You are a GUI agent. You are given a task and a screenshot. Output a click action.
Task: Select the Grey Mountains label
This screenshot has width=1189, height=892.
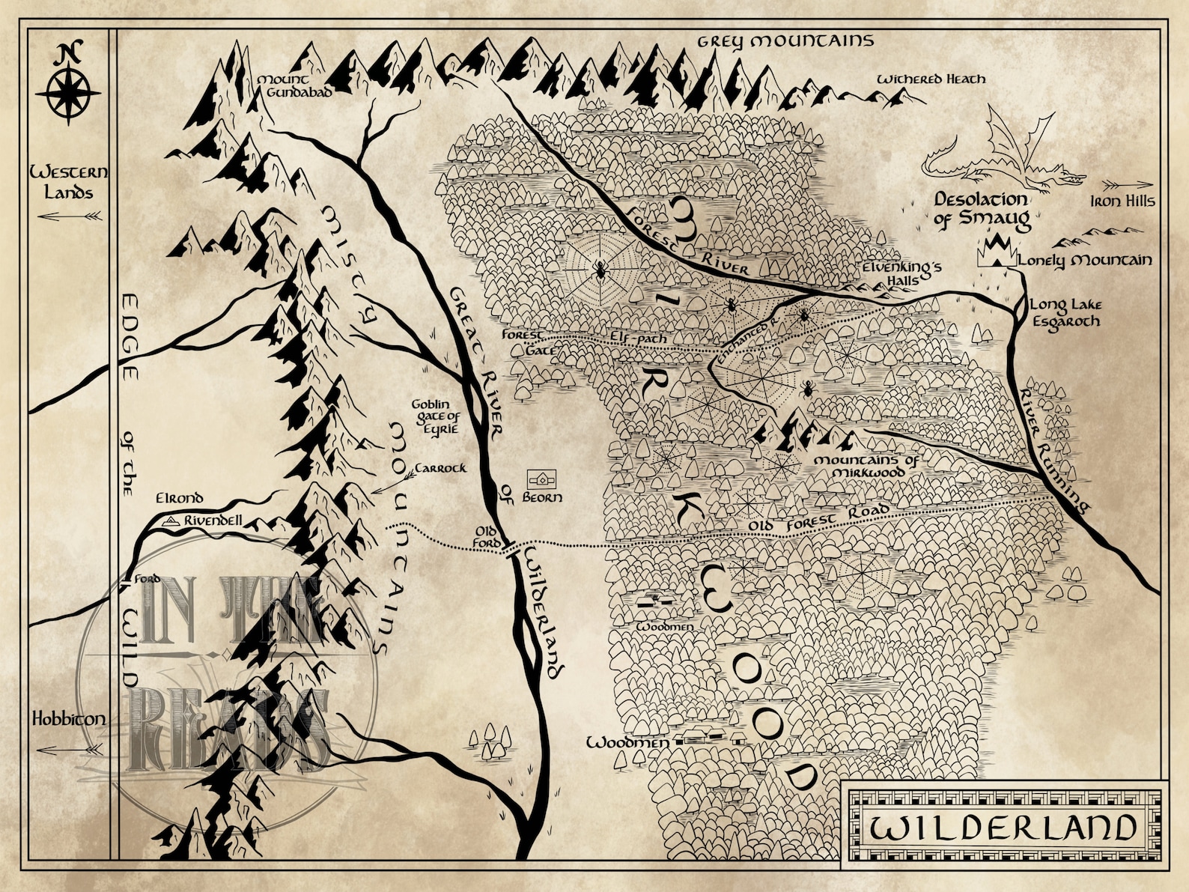(x=785, y=40)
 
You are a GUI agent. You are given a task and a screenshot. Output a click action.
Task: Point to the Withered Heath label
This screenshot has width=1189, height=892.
(x=931, y=79)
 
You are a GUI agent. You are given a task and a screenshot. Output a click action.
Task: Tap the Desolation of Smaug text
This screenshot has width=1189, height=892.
(x=982, y=210)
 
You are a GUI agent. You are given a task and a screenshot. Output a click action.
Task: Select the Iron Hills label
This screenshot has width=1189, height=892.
(x=1122, y=201)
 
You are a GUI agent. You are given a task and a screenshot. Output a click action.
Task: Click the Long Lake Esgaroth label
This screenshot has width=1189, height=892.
(x=1065, y=313)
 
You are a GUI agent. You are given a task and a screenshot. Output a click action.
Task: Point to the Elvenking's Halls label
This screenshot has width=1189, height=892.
(x=900, y=273)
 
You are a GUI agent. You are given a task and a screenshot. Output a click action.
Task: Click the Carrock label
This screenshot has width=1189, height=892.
(x=440, y=468)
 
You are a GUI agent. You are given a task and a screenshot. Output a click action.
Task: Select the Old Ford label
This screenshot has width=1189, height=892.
(x=487, y=536)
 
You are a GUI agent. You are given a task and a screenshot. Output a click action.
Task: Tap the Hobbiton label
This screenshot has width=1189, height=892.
(x=68, y=719)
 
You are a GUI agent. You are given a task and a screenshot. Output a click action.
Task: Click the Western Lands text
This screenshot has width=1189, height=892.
(x=68, y=182)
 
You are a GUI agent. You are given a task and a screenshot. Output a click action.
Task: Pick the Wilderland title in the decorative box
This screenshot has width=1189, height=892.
(x=1003, y=828)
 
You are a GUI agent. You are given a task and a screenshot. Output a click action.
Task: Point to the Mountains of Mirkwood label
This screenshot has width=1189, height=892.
(x=866, y=467)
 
